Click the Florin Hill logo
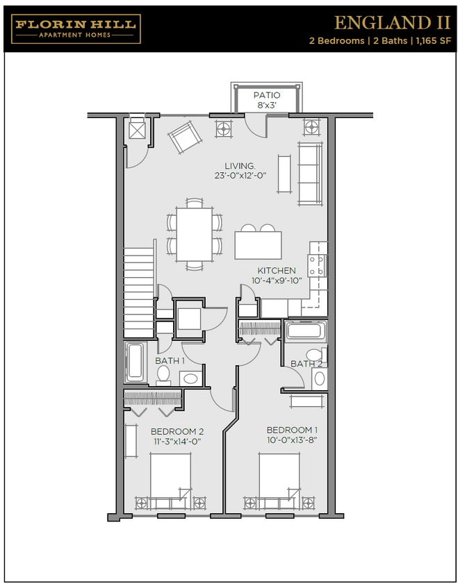click(x=76, y=28)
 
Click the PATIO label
click(x=267, y=95)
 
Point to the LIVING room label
click(x=240, y=166)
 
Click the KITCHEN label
click(x=277, y=270)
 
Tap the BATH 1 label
click(x=170, y=360)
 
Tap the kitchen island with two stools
click(x=259, y=244)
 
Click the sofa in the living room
click(x=310, y=172)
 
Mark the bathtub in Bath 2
click(x=304, y=330)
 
